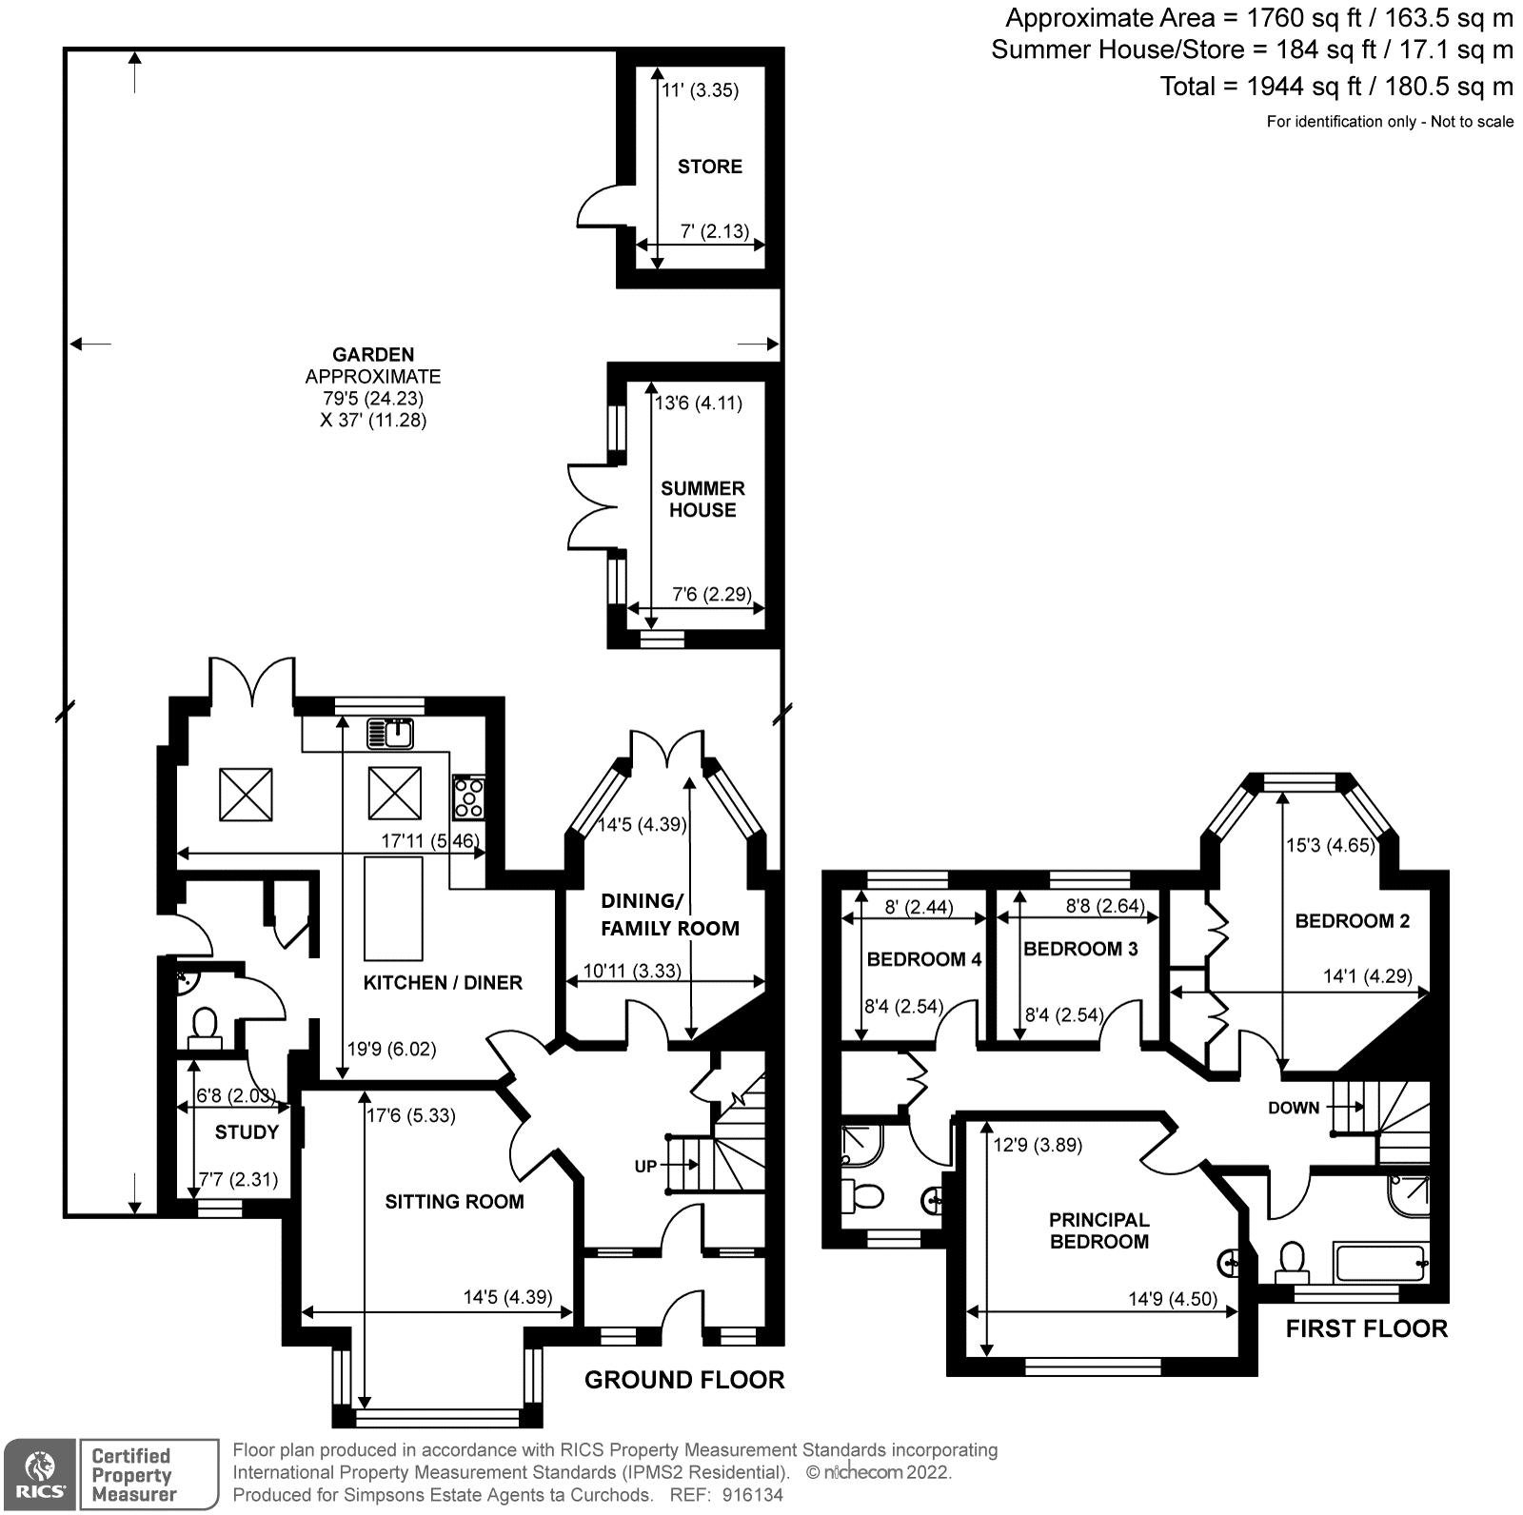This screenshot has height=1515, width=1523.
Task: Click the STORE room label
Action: point(709,167)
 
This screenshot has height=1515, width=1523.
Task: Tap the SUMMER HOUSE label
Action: point(702,499)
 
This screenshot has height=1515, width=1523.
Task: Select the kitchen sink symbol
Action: point(390,733)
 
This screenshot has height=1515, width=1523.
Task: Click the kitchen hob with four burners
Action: point(468,797)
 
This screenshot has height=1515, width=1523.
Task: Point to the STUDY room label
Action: point(247,1131)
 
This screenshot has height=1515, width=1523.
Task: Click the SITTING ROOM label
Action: point(454,1201)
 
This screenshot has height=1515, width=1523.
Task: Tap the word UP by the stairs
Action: point(645,1166)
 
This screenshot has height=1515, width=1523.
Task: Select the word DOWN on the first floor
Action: point(1294,1108)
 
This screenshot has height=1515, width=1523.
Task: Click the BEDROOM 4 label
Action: point(923,959)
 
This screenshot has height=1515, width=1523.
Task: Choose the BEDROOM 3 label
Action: point(1080,949)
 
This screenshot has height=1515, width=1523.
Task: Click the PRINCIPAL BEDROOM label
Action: point(1099,1230)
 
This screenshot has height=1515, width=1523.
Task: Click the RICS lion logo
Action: point(39,1474)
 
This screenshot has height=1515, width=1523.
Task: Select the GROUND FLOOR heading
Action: point(684,1380)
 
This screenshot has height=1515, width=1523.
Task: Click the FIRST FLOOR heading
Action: point(1366,1328)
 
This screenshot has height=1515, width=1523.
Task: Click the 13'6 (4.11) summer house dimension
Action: point(699,403)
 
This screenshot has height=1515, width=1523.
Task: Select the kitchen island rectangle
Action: point(394,909)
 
